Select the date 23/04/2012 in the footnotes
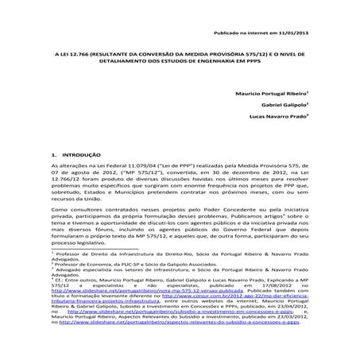(284, 333)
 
